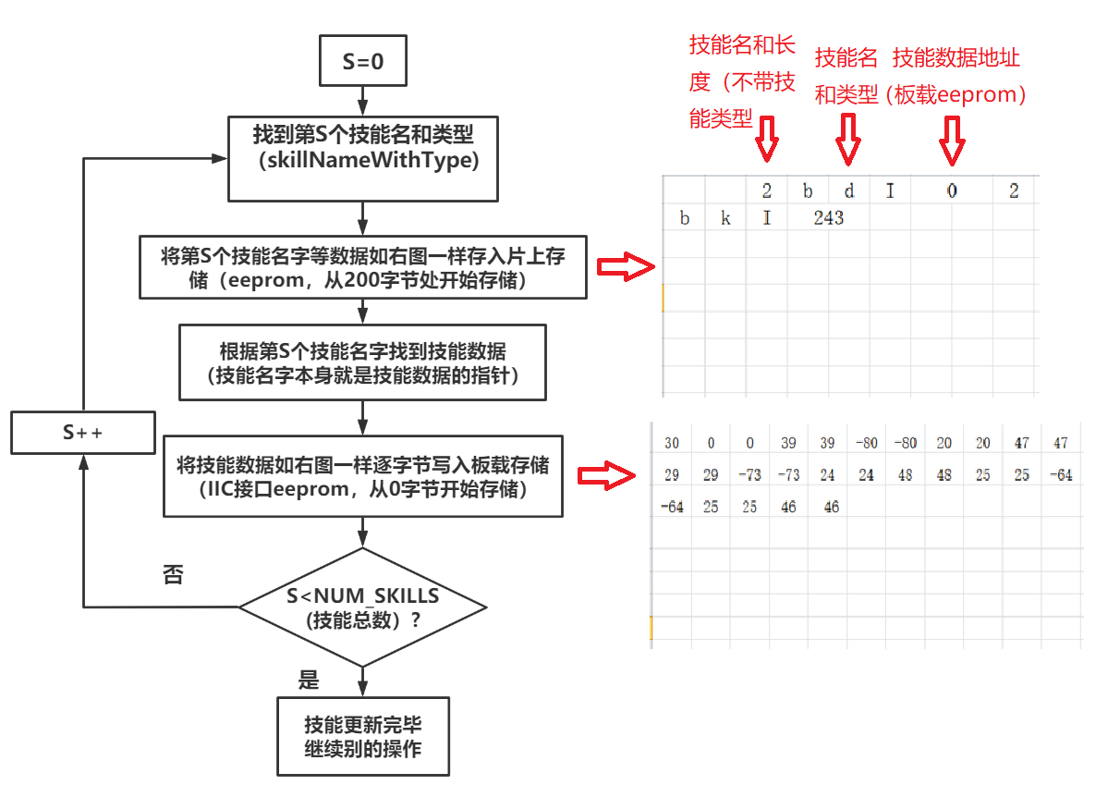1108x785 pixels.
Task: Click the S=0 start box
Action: click(x=362, y=63)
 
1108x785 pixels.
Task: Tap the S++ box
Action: click(x=82, y=433)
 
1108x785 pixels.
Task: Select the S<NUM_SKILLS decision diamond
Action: click(x=362, y=607)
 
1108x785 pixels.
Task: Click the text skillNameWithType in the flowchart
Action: click(x=363, y=161)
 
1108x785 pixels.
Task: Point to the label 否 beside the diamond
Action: click(x=173, y=575)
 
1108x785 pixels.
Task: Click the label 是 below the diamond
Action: click(x=309, y=681)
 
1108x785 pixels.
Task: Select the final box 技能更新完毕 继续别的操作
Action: click(x=363, y=736)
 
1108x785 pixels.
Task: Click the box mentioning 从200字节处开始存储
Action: click(x=363, y=268)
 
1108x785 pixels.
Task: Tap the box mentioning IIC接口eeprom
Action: click(x=363, y=476)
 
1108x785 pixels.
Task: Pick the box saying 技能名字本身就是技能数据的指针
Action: click(x=363, y=362)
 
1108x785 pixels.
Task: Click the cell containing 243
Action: click(x=829, y=219)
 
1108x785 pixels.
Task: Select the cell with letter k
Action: click(x=725, y=219)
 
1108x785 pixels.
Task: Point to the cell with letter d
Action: click(x=848, y=191)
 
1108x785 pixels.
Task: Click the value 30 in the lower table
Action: click(x=672, y=444)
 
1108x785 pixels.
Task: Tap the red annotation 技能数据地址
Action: click(x=956, y=58)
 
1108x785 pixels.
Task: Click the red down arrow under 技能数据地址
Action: click(x=952, y=141)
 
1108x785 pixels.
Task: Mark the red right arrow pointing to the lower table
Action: click(x=608, y=476)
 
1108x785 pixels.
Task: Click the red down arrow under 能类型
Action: click(x=766, y=139)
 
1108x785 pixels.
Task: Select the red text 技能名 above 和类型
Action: click(x=846, y=58)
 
